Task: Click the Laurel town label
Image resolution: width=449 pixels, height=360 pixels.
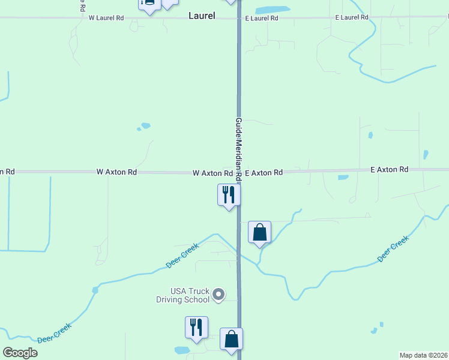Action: (x=202, y=16)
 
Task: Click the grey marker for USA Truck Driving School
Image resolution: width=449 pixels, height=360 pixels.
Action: (x=219, y=294)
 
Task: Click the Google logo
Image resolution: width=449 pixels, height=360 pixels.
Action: (x=20, y=352)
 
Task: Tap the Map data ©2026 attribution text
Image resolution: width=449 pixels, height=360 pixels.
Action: (x=423, y=355)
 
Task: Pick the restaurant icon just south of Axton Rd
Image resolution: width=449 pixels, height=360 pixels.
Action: (x=228, y=194)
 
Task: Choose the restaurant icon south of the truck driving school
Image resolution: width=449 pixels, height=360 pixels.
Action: (x=196, y=327)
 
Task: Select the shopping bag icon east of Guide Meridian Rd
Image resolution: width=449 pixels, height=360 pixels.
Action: (x=259, y=232)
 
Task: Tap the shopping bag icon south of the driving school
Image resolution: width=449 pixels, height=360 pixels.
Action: (x=231, y=339)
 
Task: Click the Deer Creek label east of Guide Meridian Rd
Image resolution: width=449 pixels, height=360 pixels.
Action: (x=393, y=248)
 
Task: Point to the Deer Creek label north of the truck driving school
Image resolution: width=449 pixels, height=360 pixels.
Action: (x=182, y=256)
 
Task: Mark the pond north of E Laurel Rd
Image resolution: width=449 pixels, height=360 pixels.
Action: (x=273, y=10)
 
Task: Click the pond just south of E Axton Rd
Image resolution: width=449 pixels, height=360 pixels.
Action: (x=343, y=177)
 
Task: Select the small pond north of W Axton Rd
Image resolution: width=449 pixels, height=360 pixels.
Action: (x=144, y=126)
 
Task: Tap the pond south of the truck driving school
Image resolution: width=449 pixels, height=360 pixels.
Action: (x=182, y=350)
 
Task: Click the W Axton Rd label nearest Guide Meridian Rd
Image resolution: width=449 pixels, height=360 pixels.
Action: (x=212, y=173)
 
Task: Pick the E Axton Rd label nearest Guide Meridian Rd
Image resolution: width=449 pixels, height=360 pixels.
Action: (x=264, y=173)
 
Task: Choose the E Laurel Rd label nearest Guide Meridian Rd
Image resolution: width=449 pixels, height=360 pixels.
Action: (x=261, y=19)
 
